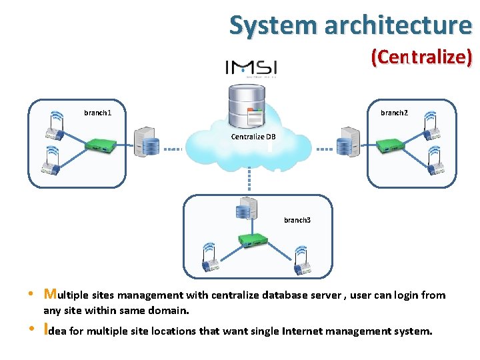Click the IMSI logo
point(251,68)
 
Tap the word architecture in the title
point(398,25)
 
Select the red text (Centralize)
point(421,57)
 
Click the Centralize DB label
point(253,137)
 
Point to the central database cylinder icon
point(246,105)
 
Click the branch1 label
point(97,113)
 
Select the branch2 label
point(393,113)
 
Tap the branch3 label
point(297,219)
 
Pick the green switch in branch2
point(389,143)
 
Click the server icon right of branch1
point(146,141)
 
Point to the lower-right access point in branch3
point(302,261)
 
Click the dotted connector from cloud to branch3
point(249,178)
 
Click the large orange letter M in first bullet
point(49,294)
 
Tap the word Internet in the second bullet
point(303,331)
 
